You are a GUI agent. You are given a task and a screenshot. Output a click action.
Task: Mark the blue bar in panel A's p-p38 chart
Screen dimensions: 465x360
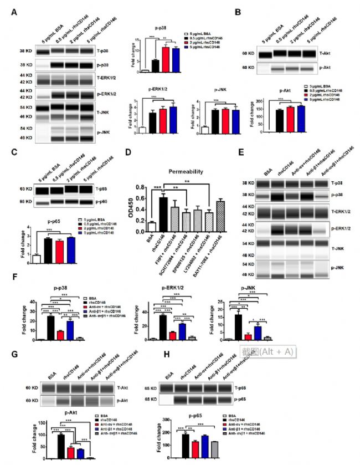tap(176, 60)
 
